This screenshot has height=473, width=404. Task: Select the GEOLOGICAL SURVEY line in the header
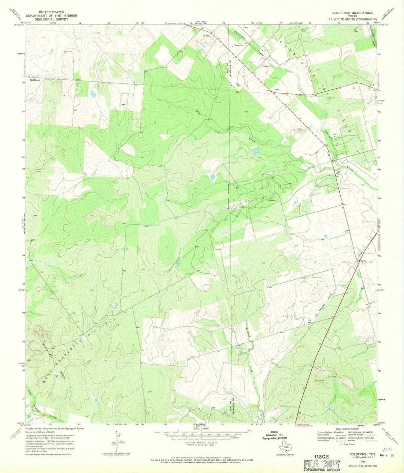coord(54,19)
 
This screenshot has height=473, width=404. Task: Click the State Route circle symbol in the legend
coord(341,445)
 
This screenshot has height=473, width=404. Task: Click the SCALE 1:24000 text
coord(201,429)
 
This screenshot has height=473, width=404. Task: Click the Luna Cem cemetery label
coord(266,66)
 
